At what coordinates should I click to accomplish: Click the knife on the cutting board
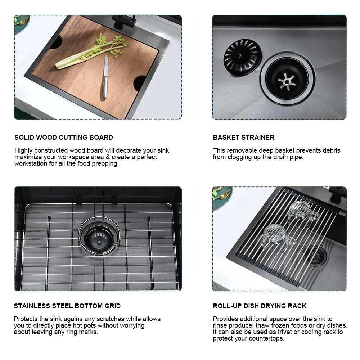click(x=105, y=77)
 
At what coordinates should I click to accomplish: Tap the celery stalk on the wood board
click(x=92, y=52)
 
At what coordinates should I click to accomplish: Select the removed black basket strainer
click(x=242, y=57)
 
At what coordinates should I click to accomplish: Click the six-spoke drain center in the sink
click(x=286, y=81)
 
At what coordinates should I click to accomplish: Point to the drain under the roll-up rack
click(x=315, y=256)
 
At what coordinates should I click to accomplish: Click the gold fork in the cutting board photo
click(x=22, y=21)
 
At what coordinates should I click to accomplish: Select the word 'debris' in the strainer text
click(x=332, y=150)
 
